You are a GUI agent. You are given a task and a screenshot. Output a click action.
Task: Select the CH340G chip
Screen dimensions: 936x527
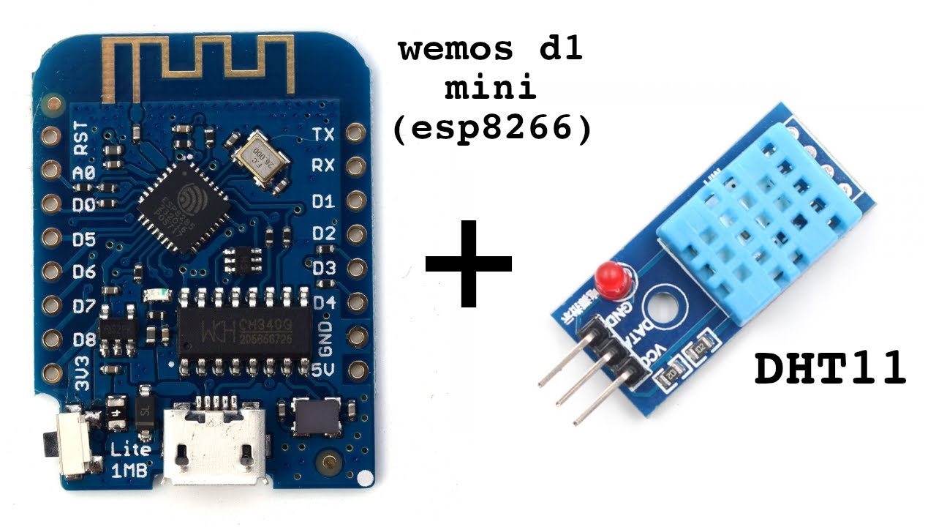245,333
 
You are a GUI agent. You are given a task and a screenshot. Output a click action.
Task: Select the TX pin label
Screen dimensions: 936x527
322,135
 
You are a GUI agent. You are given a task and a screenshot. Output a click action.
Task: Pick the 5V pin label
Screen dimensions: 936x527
322,370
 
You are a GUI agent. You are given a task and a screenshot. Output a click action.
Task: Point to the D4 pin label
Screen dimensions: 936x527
323,302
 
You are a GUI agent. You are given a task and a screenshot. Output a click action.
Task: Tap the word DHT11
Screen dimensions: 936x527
830,370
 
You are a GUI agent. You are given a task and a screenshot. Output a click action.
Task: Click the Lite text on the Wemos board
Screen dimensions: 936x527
130,448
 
